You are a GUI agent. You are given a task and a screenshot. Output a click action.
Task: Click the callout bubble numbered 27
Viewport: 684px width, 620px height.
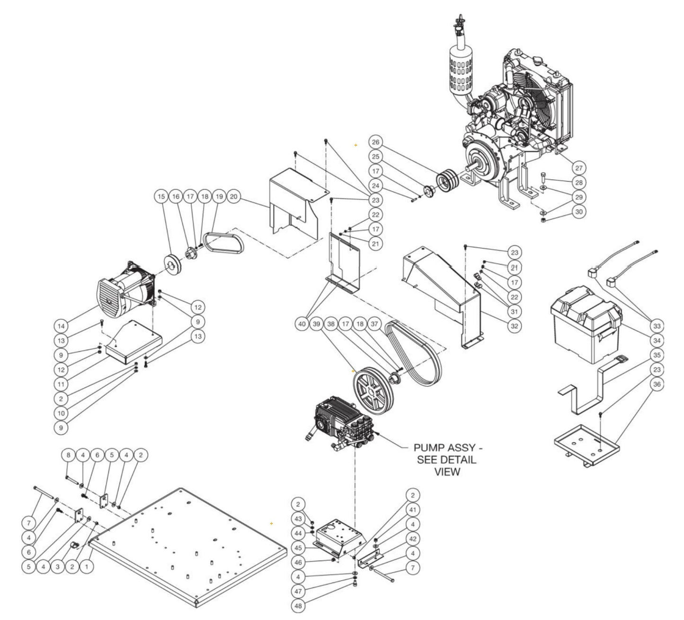tap(578, 168)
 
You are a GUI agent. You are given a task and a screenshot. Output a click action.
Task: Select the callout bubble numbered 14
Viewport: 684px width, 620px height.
tap(61, 326)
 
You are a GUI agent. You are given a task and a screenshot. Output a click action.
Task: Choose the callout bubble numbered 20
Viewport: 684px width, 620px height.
tap(233, 197)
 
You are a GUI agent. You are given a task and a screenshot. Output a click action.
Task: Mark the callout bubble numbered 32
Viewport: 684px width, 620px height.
tap(514, 326)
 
